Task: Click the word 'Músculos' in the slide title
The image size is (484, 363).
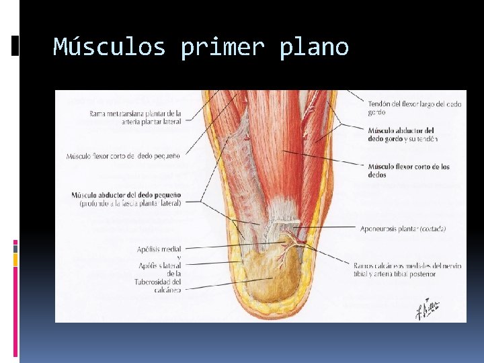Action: [109, 47]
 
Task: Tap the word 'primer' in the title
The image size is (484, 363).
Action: [222, 47]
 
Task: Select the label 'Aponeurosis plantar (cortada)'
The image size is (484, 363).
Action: [403, 229]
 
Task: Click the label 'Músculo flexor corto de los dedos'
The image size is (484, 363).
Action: [409, 170]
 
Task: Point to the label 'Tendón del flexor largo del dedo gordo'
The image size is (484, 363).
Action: [414, 108]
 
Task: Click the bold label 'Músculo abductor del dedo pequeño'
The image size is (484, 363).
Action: [126, 195]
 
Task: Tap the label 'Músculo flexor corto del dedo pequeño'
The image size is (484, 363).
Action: [123, 156]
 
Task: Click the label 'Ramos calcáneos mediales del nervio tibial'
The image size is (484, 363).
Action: [408, 266]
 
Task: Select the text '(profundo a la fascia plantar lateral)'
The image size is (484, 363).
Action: [130, 203]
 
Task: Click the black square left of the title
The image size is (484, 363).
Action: [15, 46]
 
